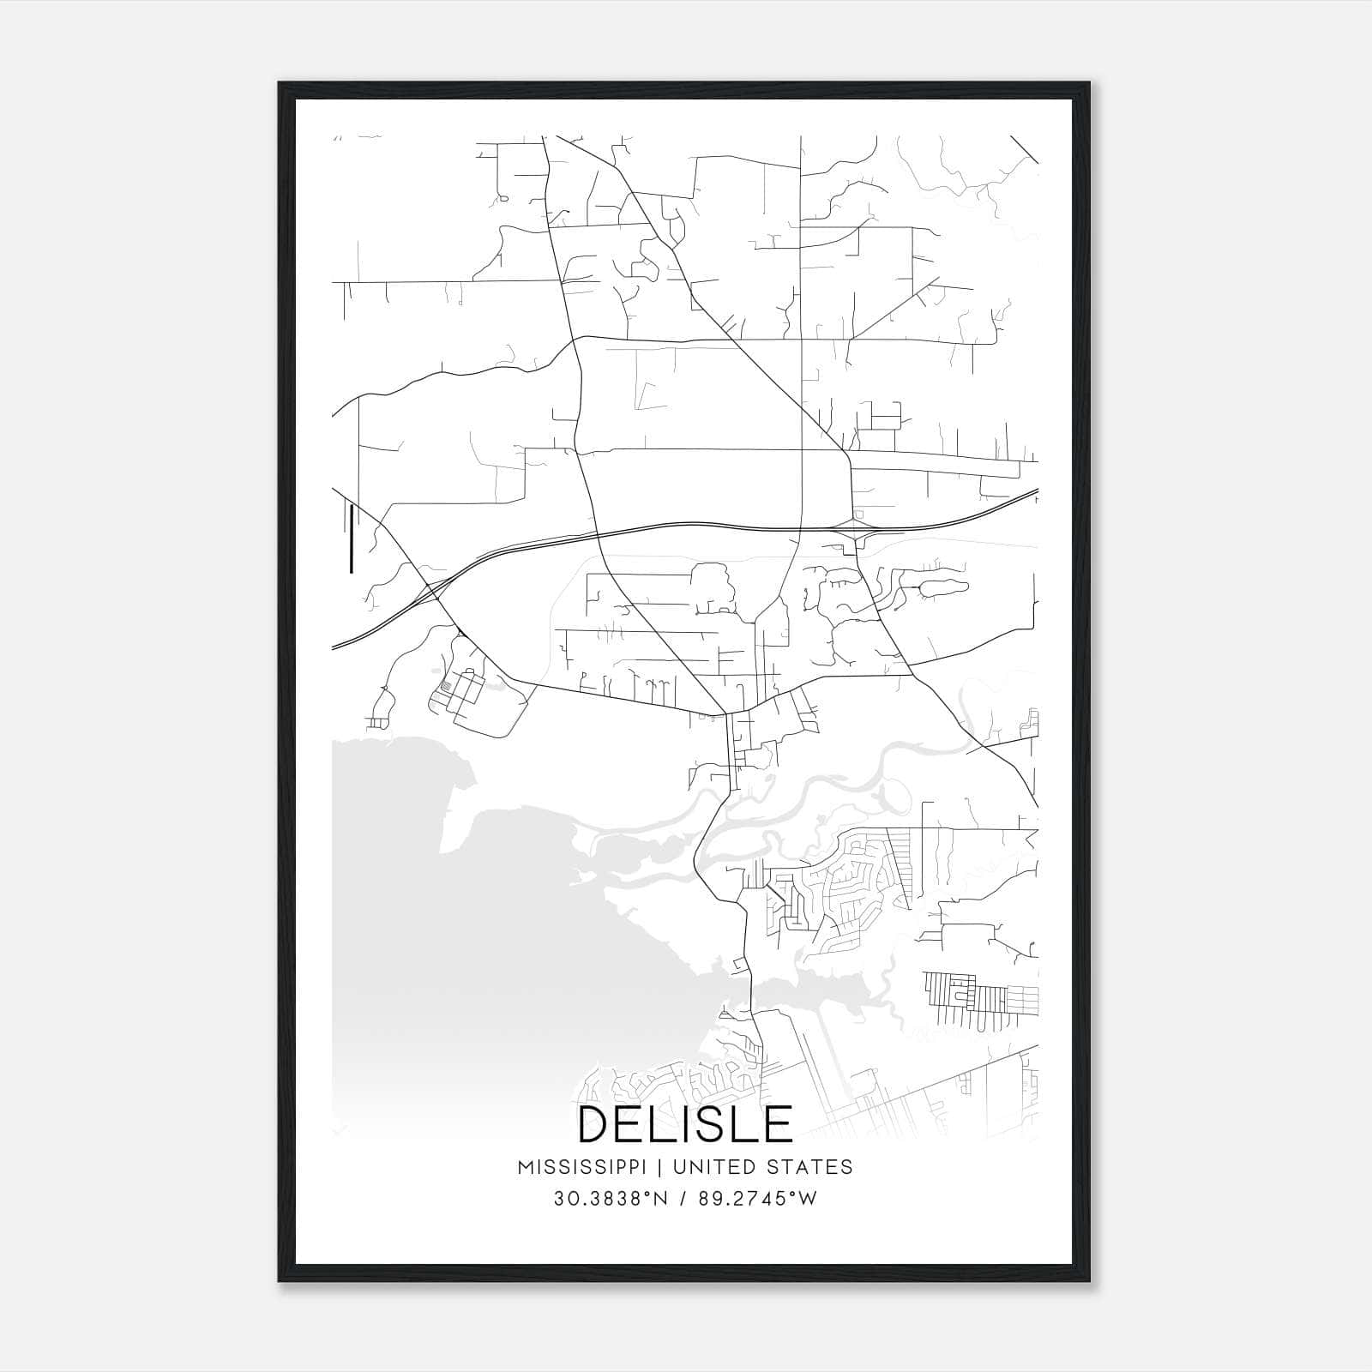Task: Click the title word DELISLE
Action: click(x=685, y=1124)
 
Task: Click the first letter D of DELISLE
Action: click(x=594, y=1124)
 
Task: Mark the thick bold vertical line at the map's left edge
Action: click(x=352, y=538)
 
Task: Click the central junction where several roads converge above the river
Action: click(x=726, y=713)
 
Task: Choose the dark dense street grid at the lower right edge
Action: click(x=978, y=999)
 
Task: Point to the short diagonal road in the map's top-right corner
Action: click(x=1024, y=149)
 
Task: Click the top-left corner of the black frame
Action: click(x=280, y=84)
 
